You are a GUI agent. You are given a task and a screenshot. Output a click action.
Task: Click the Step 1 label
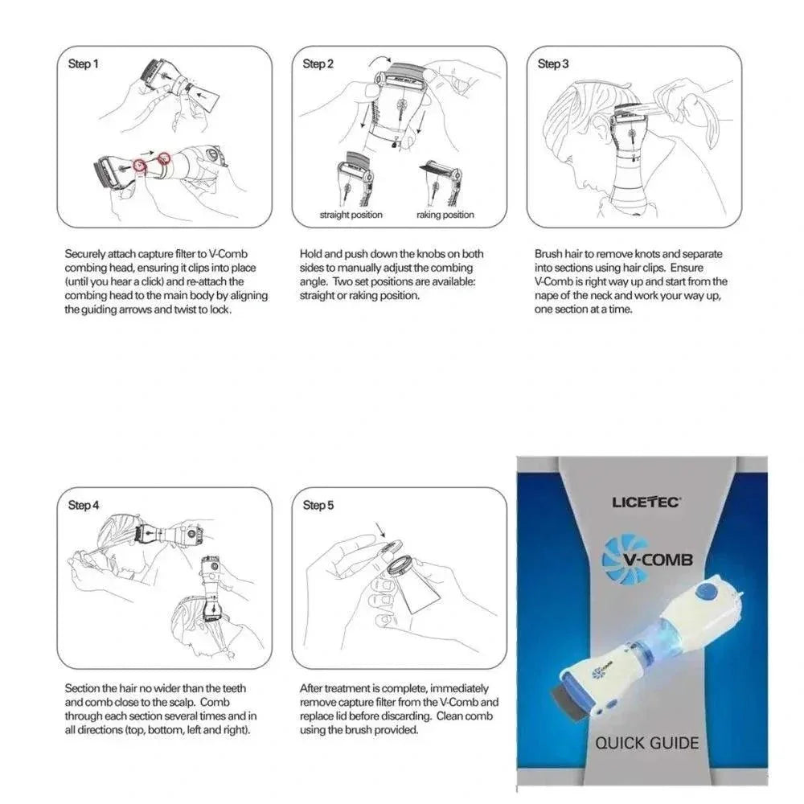pos(84,64)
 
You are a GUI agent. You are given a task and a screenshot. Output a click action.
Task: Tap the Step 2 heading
pos(318,64)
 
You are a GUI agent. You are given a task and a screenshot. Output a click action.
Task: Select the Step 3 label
pos(553,64)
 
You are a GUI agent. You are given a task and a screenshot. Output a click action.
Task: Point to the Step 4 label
pos(84,505)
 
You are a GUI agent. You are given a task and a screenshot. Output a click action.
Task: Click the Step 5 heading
pos(318,505)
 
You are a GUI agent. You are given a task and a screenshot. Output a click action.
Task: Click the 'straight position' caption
pos(351,215)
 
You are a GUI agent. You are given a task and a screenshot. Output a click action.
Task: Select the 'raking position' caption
pos(445,215)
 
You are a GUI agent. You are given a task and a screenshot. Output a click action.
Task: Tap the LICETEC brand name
pos(646,503)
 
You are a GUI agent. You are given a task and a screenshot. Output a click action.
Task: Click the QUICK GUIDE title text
pos(646,742)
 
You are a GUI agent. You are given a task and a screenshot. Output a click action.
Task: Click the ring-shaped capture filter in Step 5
pos(396,562)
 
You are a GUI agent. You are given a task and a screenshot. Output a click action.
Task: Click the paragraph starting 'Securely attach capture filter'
pos(166,281)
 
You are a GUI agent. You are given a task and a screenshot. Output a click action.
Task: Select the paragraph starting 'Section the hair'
pos(161,709)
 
